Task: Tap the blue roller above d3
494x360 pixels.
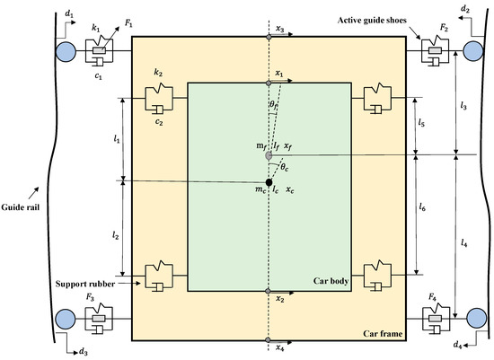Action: point(66,318)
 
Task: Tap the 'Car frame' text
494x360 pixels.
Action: point(380,333)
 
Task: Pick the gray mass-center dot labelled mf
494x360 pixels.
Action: point(269,155)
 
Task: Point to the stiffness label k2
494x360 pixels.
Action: point(159,69)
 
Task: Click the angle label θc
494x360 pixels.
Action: point(285,165)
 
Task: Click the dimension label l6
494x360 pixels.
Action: point(423,207)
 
